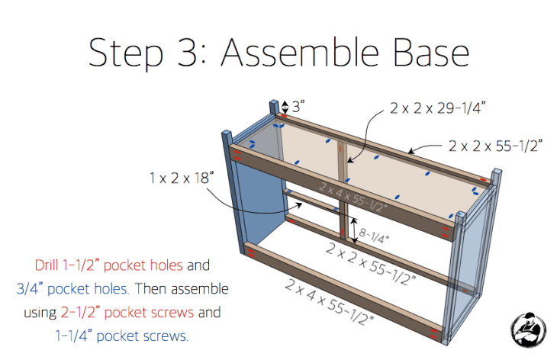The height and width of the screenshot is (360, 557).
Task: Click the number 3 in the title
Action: (x=188, y=53)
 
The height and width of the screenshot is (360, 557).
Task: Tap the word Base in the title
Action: (x=432, y=53)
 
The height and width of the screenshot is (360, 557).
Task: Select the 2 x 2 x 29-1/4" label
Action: (x=438, y=108)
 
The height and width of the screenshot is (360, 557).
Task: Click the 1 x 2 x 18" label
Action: (x=182, y=178)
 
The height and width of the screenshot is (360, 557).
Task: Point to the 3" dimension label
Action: (x=298, y=107)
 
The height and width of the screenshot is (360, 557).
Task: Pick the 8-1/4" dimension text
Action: (x=374, y=236)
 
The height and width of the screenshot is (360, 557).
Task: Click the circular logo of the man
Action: (x=528, y=329)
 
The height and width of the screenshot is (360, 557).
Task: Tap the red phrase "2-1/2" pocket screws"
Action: (x=127, y=313)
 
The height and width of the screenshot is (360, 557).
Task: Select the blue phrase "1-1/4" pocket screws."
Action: (x=122, y=336)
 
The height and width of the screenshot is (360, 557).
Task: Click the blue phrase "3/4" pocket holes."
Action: (x=72, y=288)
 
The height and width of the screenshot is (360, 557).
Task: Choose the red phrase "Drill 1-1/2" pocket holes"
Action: (x=108, y=265)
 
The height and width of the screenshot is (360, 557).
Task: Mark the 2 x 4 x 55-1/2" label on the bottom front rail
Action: (x=330, y=303)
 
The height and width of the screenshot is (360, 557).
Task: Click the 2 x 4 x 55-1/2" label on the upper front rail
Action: (x=353, y=197)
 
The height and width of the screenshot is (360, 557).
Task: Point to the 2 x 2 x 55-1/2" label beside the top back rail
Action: (x=495, y=146)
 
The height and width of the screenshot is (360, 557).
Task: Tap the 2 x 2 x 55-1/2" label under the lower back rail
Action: (x=370, y=264)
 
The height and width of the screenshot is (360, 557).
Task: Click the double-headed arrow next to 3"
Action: (x=285, y=108)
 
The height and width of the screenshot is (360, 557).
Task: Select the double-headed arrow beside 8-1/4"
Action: (x=354, y=230)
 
